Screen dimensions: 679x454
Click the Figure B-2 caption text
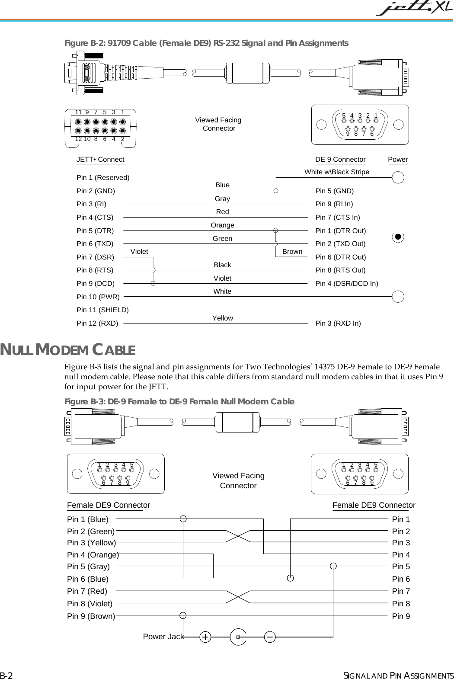(206, 43)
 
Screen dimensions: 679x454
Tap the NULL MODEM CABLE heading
(67, 349)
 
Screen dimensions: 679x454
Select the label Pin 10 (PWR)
(98, 297)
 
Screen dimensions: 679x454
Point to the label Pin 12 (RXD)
(97, 323)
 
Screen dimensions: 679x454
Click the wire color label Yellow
(223, 318)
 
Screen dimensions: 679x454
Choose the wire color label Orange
(222, 225)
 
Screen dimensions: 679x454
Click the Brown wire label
(292, 252)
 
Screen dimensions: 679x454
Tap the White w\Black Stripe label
(337, 172)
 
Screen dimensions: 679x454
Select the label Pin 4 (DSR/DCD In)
(346, 284)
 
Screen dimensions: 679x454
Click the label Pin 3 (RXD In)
(338, 323)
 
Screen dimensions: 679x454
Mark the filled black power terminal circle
(398, 237)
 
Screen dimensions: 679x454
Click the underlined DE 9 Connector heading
(340, 160)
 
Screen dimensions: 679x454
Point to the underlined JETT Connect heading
(100, 160)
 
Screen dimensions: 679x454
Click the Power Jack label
(163, 637)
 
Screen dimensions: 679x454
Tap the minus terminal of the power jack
(269, 637)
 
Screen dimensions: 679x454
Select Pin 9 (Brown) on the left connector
(91, 616)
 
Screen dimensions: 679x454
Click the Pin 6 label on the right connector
(401, 579)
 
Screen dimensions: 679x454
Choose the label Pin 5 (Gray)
(88, 567)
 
